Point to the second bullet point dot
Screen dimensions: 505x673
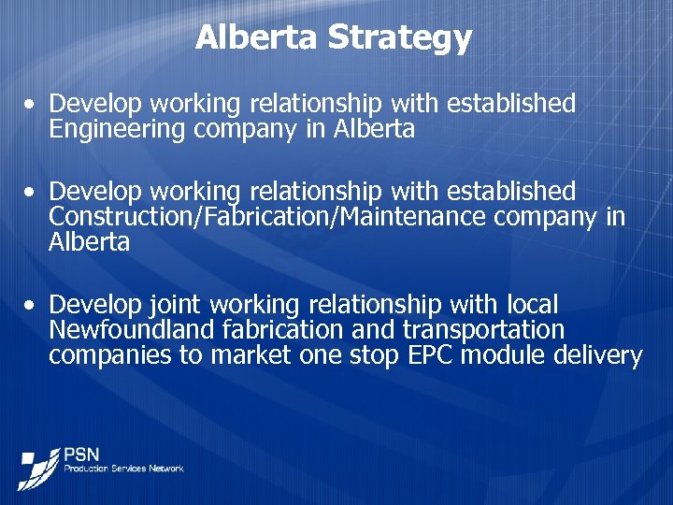(32, 192)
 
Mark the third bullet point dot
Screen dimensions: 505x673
(32, 306)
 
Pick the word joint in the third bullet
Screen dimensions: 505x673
(176, 306)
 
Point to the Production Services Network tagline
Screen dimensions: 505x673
(123, 468)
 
